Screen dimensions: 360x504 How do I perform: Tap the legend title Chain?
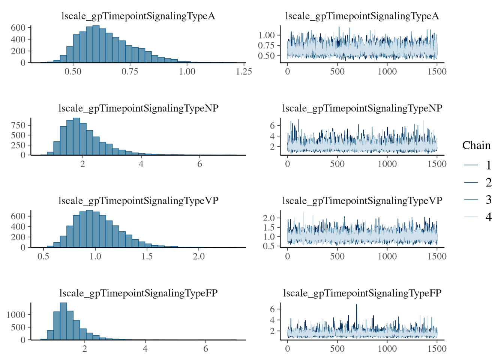(x=476, y=145)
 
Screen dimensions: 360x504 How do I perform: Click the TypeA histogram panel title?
(x=138, y=16)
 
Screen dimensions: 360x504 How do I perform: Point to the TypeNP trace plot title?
(x=362, y=108)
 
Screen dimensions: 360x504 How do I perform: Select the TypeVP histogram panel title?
(x=138, y=201)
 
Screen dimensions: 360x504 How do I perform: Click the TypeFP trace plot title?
(x=362, y=293)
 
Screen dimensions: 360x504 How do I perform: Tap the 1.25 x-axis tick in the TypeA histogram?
(x=244, y=72)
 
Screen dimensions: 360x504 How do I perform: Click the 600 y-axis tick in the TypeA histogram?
(x=18, y=28)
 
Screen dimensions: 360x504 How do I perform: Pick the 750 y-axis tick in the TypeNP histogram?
(x=18, y=125)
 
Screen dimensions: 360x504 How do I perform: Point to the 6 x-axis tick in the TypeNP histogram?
(x=199, y=164)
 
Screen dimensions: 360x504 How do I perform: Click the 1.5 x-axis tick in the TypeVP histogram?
(x=147, y=256)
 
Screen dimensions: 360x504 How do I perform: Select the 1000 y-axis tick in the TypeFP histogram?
(x=16, y=315)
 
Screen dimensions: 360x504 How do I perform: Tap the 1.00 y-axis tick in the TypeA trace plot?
(x=267, y=35)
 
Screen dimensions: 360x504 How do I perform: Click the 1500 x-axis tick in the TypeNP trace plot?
(x=437, y=164)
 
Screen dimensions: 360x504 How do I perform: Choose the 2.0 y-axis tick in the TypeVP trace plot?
(x=269, y=218)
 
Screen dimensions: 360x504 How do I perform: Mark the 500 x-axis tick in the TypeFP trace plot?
(x=337, y=348)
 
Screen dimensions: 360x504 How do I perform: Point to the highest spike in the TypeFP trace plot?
(x=356, y=305)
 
